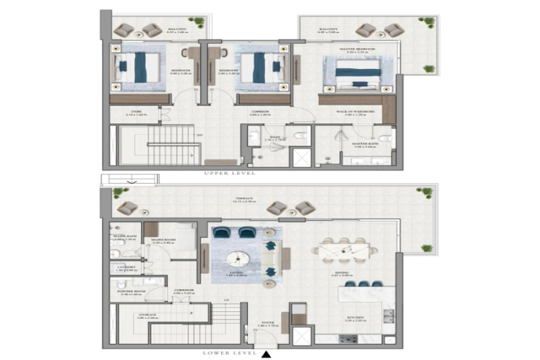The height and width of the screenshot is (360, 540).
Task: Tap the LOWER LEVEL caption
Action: pos(229,353)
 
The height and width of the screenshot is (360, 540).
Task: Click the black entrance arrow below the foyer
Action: pos(267,353)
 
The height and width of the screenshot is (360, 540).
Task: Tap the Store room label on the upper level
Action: pos(136,113)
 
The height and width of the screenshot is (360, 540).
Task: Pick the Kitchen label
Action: pos(356,318)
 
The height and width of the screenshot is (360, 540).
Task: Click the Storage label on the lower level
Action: pos(148,315)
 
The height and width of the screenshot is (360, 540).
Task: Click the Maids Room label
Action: pos(163,240)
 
